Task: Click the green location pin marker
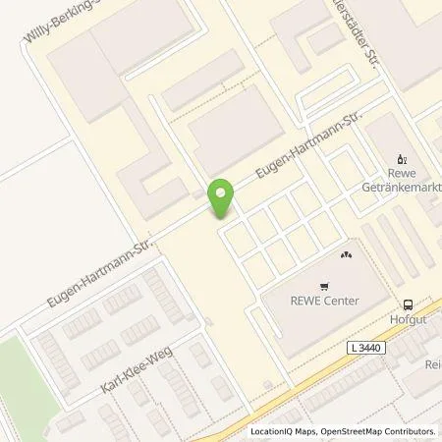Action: [222, 197]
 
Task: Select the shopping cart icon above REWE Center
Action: [345, 253]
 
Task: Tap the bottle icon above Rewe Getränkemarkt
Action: [401, 157]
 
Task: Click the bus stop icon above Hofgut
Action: [408, 304]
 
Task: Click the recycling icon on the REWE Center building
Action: [345, 253]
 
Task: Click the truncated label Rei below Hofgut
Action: [432, 364]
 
